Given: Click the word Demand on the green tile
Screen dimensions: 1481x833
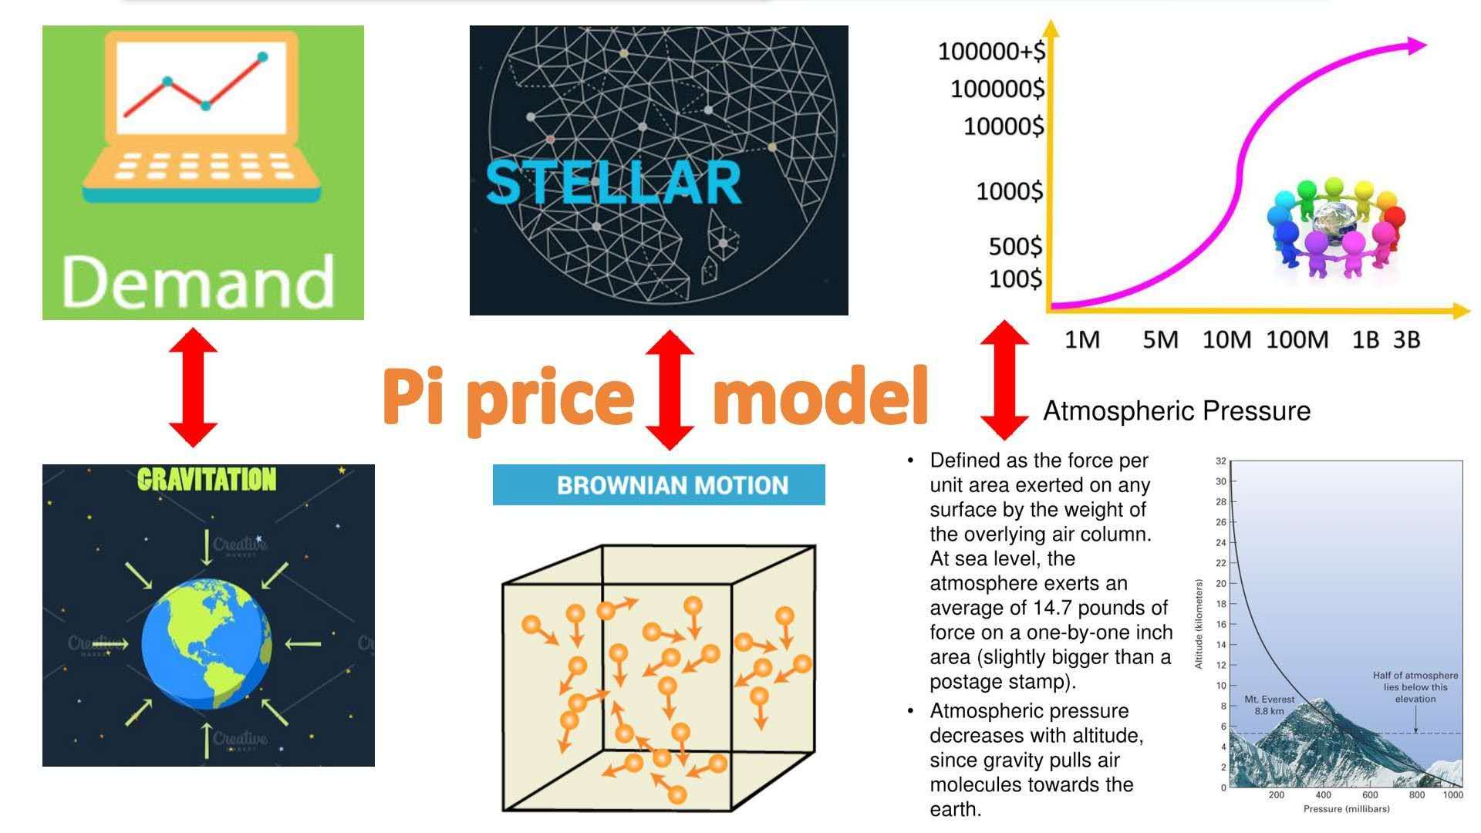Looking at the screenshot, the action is point(197,282).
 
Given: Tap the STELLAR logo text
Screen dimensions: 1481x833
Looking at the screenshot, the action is point(613,183).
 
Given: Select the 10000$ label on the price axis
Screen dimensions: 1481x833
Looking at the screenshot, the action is point(1004,126).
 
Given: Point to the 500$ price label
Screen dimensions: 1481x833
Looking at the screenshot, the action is point(1015,246).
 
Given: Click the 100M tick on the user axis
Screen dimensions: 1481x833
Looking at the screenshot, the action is point(1297,339).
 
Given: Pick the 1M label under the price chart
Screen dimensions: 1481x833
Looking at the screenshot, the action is point(1082,339).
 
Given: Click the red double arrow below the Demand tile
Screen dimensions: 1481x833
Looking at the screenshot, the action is point(193,387).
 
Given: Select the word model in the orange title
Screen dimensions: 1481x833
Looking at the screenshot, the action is point(819,395).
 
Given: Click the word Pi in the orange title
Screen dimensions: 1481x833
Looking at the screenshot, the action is point(413,395).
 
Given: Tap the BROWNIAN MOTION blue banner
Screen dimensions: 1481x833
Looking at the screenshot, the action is point(659,485).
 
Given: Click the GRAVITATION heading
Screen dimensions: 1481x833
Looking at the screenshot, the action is point(207,480).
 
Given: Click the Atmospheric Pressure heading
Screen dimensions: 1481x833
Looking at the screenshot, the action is point(1176,411).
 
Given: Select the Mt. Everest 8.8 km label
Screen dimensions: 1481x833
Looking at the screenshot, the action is point(1270,705).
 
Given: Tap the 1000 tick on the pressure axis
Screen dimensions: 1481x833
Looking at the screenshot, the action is point(1452,795).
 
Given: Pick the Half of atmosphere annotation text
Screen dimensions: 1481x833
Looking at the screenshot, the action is point(1415,687).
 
